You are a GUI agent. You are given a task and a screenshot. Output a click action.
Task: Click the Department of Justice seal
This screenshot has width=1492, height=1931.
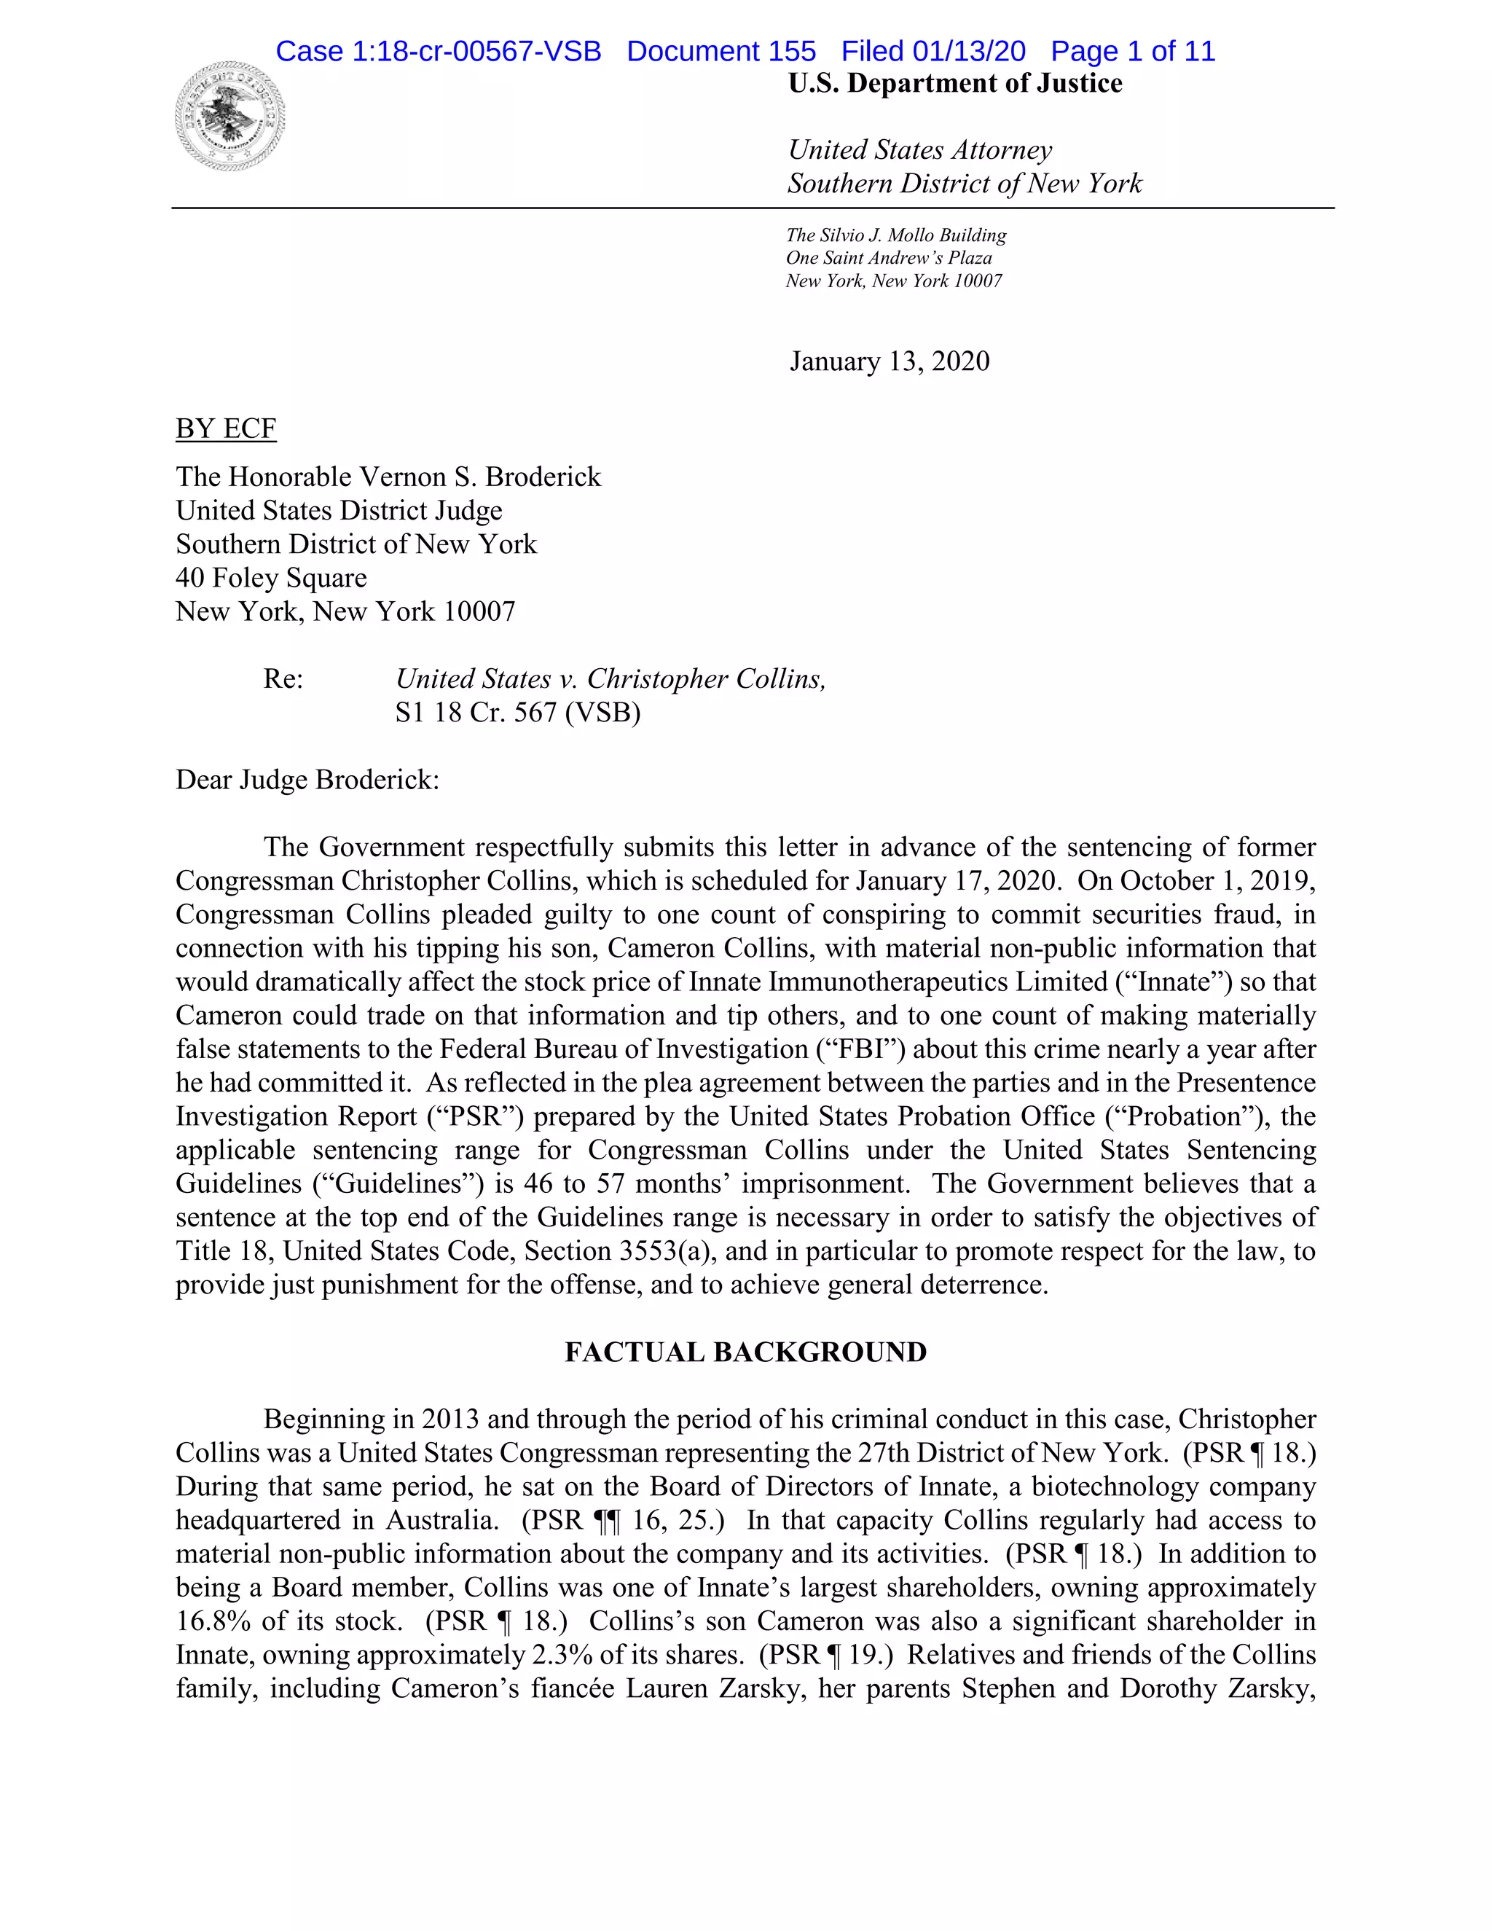[x=229, y=116]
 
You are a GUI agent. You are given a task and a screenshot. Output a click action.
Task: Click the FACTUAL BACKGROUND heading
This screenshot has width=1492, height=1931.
[x=745, y=1352]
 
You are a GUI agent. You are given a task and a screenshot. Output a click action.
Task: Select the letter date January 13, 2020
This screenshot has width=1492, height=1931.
[x=890, y=361]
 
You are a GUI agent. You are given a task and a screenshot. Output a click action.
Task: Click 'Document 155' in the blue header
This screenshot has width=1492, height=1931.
[x=721, y=51]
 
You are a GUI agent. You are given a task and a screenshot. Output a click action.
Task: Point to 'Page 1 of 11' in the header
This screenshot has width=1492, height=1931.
[x=1132, y=51]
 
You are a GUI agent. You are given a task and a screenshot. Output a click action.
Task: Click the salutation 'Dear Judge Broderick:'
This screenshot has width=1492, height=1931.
[x=307, y=780]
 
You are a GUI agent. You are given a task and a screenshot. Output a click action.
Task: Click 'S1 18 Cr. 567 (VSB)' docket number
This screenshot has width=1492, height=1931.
[x=517, y=713]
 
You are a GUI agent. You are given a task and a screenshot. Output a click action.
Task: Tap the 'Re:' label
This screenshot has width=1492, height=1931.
[x=283, y=679]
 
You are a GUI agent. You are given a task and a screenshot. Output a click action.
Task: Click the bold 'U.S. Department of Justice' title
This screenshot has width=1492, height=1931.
[x=954, y=84]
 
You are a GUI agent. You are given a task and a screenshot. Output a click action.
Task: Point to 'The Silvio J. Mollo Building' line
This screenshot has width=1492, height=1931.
[x=895, y=235]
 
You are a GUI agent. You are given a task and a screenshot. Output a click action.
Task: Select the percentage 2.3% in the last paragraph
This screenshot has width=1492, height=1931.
[x=561, y=1655]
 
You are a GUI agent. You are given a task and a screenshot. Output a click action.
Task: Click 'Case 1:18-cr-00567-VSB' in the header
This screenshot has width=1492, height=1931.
[x=439, y=51]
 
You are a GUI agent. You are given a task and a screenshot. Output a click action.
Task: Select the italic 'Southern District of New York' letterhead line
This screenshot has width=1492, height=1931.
[x=965, y=184]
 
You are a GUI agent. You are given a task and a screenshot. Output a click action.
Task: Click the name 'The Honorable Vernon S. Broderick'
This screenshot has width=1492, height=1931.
[x=388, y=477]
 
